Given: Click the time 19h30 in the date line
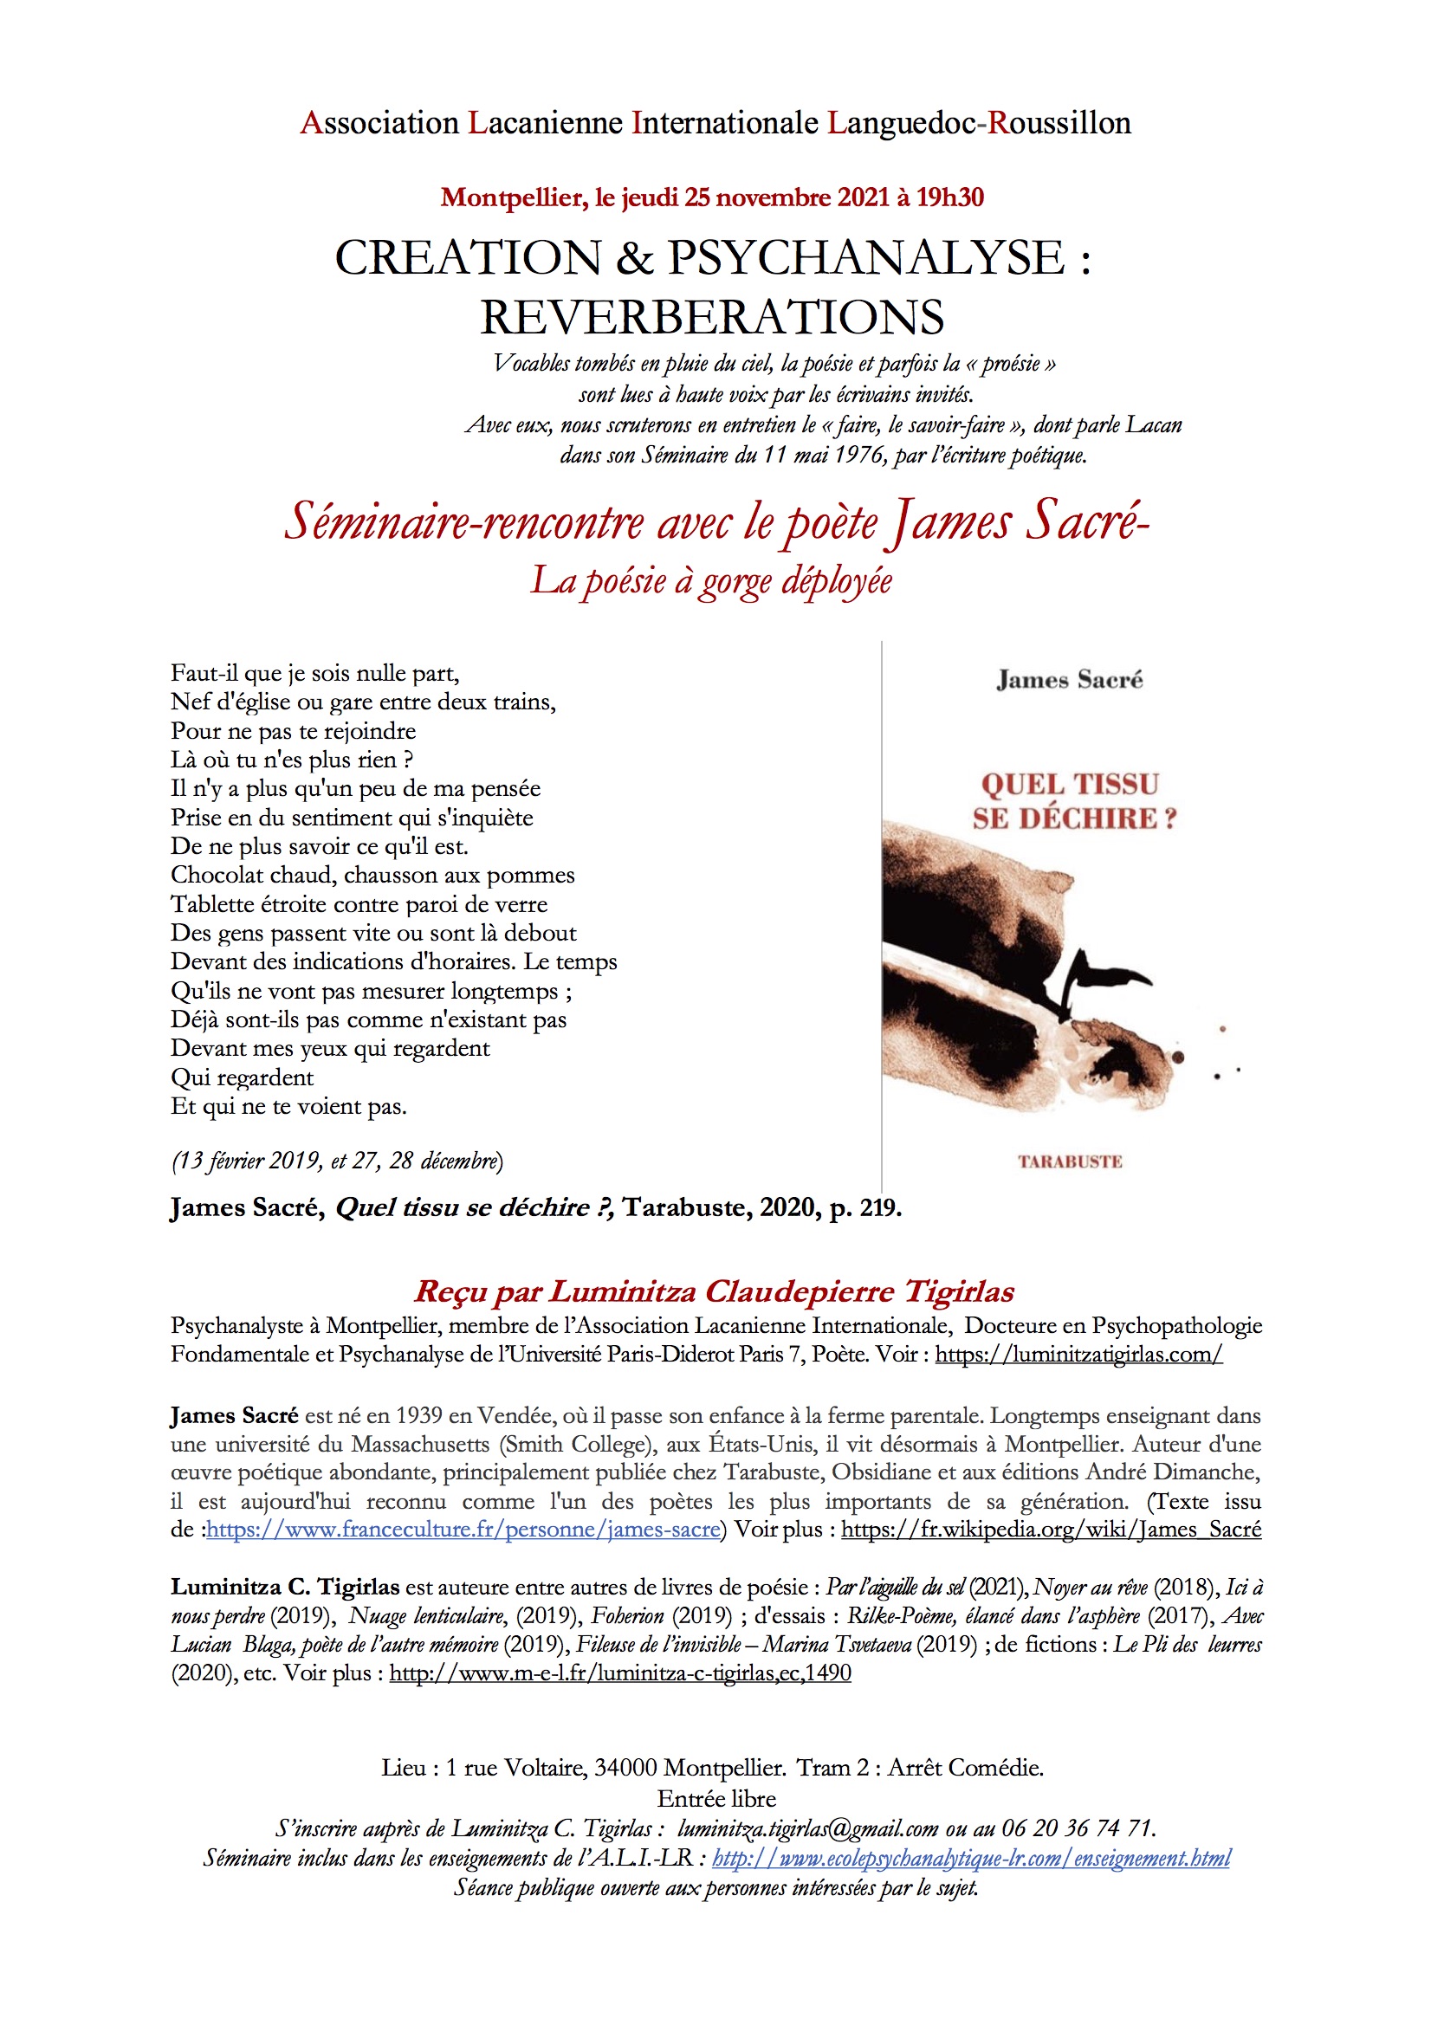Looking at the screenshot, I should click(x=949, y=197).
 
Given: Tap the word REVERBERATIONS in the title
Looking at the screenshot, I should click(x=712, y=318).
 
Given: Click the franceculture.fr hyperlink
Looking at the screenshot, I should click(x=463, y=1529).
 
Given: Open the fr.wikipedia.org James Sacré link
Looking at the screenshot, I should click(x=1051, y=1529).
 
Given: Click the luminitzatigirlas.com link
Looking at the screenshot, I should click(x=1078, y=1354).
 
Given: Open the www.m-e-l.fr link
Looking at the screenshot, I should click(x=620, y=1672).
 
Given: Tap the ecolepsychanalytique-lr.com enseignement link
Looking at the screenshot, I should click(x=970, y=1859).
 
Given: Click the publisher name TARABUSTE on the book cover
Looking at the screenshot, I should click(x=1069, y=1161).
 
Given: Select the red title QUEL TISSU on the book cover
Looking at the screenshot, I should click(x=1069, y=784).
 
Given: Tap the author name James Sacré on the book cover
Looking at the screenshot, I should click(x=1069, y=680).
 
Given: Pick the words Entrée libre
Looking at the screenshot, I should click(x=715, y=1798).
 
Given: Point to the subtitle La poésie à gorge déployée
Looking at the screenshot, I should click(x=711, y=581).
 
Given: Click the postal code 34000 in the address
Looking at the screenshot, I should click(x=625, y=1768).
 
